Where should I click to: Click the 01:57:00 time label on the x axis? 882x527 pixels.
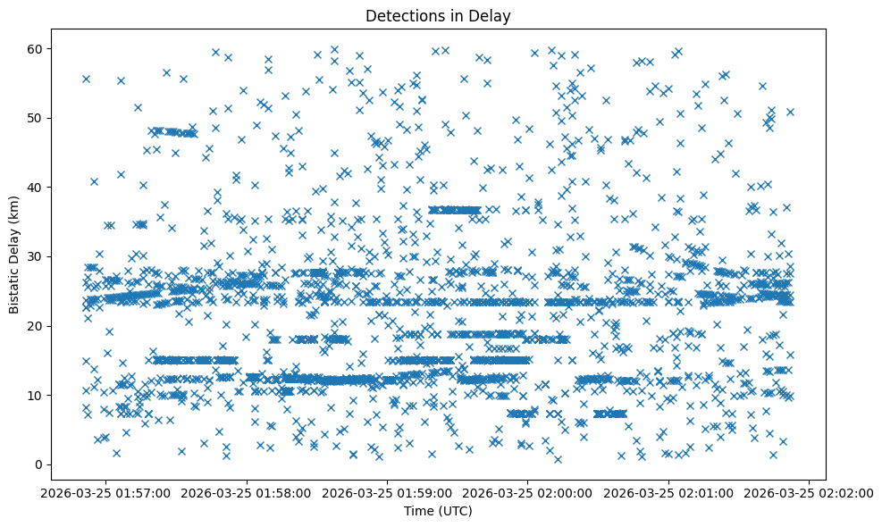tap(107, 492)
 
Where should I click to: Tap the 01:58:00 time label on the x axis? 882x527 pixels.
tap(248, 492)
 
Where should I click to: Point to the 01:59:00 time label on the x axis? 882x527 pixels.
tap(388, 492)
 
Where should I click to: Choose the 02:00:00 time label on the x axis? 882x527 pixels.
tap(528, 492)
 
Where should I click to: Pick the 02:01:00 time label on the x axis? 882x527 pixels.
tap(668, 492)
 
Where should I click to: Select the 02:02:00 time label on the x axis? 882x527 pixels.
tap(809, 492)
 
